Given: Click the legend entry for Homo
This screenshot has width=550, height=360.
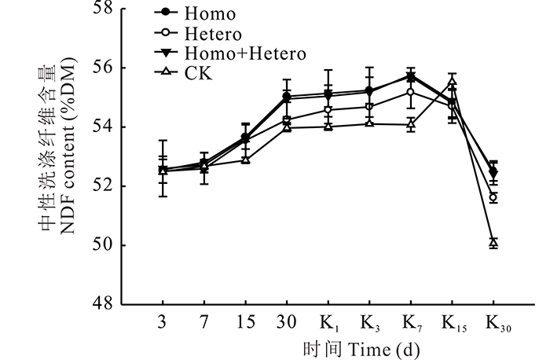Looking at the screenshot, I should point(210,14).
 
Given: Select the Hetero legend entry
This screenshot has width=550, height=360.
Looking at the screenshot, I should point(214,34).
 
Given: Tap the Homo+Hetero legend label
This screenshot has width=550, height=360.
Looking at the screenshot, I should point(245,53).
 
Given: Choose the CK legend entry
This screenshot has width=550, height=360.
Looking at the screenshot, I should point(200,74).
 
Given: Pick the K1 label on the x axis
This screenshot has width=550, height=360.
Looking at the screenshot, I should point(329,325).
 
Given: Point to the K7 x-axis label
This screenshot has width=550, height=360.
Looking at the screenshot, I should point(412,325).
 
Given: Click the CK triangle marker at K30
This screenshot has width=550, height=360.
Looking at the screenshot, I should point(493,243).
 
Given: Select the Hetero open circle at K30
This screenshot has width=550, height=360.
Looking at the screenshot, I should point(493,197).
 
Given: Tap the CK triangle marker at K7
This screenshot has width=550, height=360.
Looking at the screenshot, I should point(411,124).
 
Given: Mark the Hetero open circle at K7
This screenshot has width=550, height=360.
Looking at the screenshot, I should point(411,92).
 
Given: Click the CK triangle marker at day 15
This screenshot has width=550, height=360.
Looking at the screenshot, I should point(245,160).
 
